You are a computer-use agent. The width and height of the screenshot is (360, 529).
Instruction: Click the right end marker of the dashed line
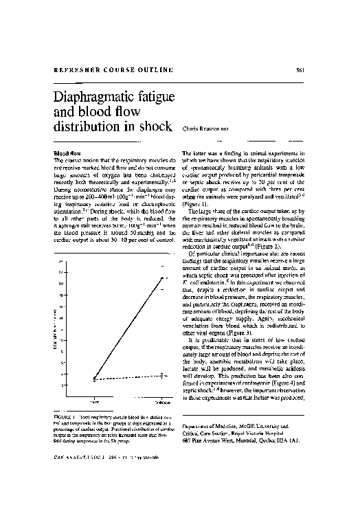pyautogui.click(x=162, y=375)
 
